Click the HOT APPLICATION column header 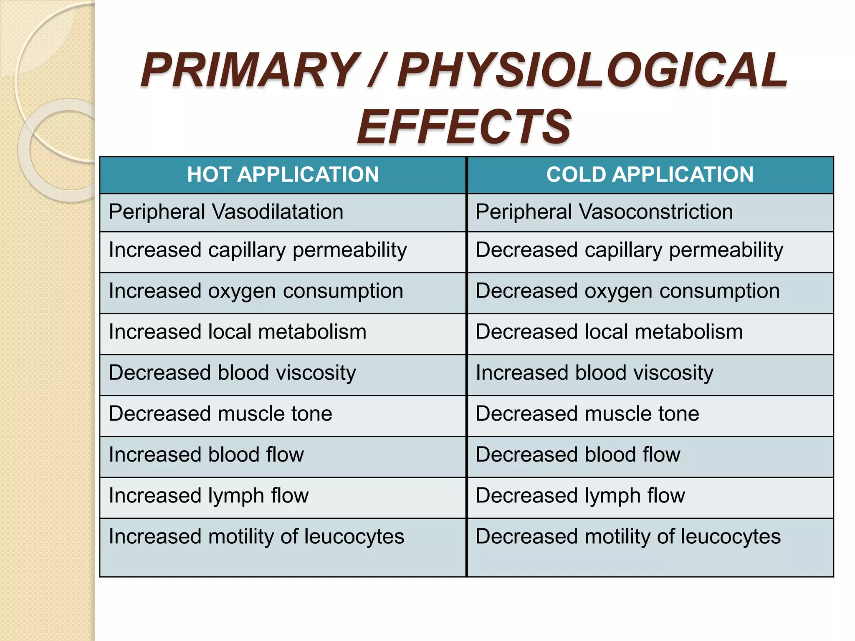283,174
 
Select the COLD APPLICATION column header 650,174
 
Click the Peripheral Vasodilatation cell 226,212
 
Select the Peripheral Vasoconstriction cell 604,212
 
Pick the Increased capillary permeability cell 258,250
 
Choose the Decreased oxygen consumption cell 627,291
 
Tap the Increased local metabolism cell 237,332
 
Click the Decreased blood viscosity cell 232,373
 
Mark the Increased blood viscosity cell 594,373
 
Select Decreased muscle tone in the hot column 220,414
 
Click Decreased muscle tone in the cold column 587,414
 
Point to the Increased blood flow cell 206,454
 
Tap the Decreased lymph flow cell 580,496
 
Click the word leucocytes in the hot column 354,536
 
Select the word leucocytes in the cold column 730,536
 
